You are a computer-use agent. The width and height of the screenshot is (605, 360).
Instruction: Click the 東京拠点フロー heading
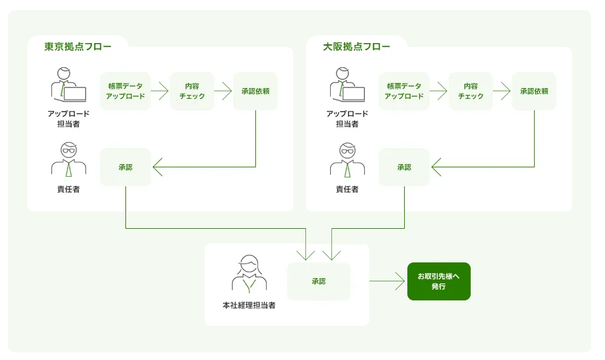coord(77,46)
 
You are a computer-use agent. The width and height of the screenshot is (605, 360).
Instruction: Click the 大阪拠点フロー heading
coord(356,46)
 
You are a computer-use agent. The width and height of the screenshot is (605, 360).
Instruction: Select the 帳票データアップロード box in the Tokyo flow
coord(125,91)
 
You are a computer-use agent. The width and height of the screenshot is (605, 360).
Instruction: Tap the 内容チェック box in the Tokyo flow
coord(192,91)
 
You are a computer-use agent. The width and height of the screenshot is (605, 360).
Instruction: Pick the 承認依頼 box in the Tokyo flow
coord(255,91)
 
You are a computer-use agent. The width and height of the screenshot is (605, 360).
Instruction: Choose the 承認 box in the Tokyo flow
coord(125,167)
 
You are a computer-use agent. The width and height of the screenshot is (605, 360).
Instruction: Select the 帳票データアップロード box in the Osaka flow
coord(404,91)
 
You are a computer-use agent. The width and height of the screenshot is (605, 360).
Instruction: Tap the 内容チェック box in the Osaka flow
coord(471,91)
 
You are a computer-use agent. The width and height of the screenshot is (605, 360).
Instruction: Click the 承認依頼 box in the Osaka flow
coord(534,91)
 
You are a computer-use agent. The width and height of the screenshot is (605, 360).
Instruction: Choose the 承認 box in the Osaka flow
coord(404,167)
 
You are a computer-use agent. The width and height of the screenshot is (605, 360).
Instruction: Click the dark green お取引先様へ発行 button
coord(438,281)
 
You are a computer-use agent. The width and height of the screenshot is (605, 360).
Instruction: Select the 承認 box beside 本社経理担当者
coord(318,281)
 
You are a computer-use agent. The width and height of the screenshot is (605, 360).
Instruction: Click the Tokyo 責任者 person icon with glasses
coord(68,160)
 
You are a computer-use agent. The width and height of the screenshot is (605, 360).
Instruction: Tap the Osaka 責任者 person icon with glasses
coord(347,160)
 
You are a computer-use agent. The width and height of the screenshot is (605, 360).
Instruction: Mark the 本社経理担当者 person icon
coord(249,274)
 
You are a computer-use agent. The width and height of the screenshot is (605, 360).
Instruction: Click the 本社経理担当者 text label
coord(249,305)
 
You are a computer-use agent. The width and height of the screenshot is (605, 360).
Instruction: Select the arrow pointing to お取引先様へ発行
coord(387,281)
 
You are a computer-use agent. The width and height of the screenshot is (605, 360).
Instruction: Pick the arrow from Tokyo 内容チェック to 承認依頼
coord(223,91)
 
